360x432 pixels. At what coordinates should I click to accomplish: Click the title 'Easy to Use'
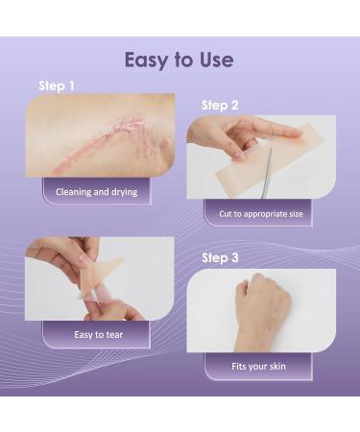tap(180, 60)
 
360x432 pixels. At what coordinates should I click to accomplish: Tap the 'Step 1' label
tap(57, 86)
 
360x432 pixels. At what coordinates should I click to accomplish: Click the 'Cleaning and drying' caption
tap(96, 191)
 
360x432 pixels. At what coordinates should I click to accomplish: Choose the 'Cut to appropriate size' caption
tap(259, 213)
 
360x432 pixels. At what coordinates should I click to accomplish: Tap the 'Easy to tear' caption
tap(96, 334)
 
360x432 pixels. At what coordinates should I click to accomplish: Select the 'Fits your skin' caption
tap(258, 366)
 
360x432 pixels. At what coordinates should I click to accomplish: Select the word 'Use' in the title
tap(213, 60)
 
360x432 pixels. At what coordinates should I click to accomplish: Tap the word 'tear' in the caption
tap(112, 334)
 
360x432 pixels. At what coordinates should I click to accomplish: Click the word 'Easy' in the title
tap(147, 60)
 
